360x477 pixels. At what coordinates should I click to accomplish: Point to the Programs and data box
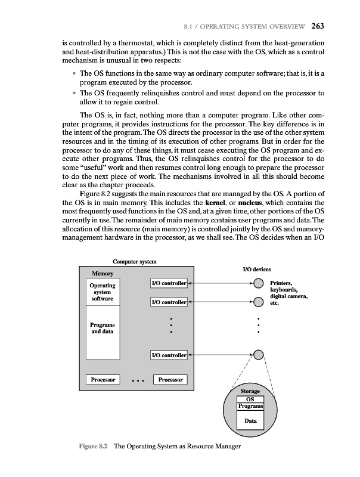point(103,328)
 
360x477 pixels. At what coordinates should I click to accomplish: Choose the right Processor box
point(170,379)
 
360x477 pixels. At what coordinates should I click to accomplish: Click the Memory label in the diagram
point(103,273)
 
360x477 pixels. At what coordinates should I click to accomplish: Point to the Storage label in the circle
point(250,392)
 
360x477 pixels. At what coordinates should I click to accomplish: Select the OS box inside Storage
point(250,399)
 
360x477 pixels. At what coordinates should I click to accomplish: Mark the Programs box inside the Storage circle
point(250,407)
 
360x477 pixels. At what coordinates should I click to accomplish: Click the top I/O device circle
point(257,283)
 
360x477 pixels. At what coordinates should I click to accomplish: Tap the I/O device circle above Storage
point(257,356)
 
